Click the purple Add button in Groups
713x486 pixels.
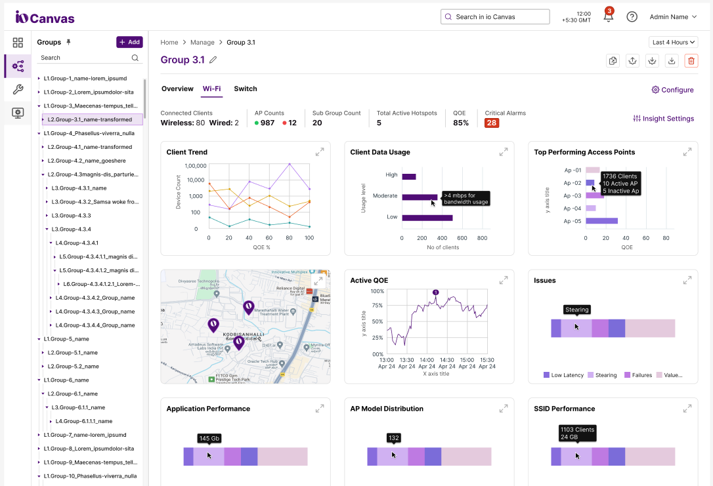[129, 42]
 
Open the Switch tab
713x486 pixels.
[246, 89]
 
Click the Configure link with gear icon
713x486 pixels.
[672, 90]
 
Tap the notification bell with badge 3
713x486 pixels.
[608, 17]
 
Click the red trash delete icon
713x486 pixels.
[691, 60]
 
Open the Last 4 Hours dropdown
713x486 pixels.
[674, 42]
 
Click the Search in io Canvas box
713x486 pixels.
[495, 17]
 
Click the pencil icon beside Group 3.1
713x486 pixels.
[213, 60]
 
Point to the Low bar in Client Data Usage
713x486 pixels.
[427, 218]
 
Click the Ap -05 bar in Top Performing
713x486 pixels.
[601, 221]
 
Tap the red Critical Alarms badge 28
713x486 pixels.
[492, 123]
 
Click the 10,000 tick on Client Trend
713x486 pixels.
[188, 180]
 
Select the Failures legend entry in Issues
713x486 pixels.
[636, 375]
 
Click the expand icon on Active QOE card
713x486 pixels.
[504, 280]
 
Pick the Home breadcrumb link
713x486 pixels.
[169, 42]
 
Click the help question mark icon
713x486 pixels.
[632, 17]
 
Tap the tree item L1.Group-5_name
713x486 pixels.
[66, 339]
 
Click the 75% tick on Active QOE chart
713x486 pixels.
[378, 306]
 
